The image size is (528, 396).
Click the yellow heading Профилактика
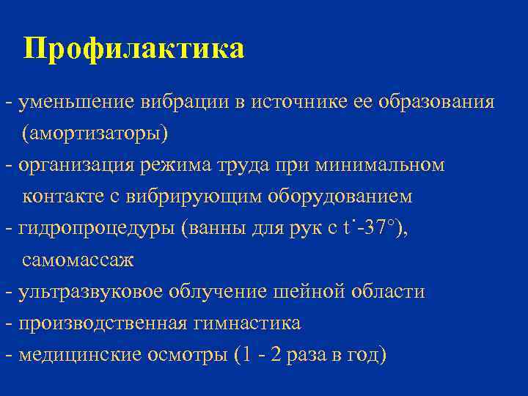(x=133, y=49)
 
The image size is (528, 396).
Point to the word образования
(x=436, y=101)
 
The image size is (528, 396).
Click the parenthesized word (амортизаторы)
(x=95, y=133)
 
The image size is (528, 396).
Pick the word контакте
(x=59, y=197)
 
